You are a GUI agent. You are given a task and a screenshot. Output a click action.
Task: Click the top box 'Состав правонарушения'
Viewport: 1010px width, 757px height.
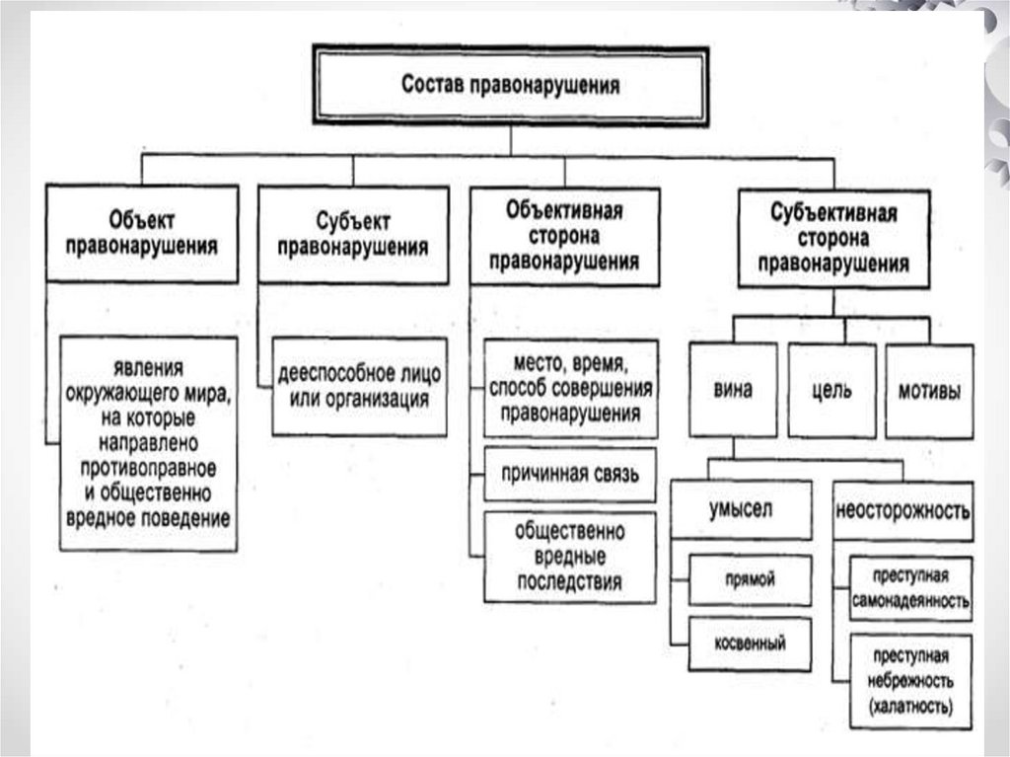point(511,85)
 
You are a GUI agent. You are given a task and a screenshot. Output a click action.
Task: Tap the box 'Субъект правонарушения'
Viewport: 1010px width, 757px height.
point(352,233)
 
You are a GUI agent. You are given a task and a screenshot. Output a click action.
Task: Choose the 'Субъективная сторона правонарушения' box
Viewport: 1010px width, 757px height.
point(833,239)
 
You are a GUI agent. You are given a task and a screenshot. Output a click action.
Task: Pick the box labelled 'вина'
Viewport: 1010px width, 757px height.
point(732,390)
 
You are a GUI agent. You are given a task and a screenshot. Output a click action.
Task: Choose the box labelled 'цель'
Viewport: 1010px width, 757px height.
point(831,390)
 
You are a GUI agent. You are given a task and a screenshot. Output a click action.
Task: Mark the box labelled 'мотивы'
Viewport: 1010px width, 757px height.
point(928,390)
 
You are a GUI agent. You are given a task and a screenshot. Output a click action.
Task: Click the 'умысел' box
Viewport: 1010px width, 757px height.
point(741,510)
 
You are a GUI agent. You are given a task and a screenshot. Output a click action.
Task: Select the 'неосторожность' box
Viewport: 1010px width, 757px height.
point(902,510)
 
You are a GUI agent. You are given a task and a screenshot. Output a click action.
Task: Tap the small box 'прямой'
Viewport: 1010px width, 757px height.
point(751,579)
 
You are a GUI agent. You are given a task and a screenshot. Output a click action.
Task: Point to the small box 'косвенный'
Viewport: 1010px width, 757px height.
point(751,643)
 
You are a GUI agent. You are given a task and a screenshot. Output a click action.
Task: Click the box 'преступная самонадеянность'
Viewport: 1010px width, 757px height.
point(910,588)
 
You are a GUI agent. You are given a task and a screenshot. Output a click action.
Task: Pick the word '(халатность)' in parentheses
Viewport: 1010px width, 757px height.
point(910,707)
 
